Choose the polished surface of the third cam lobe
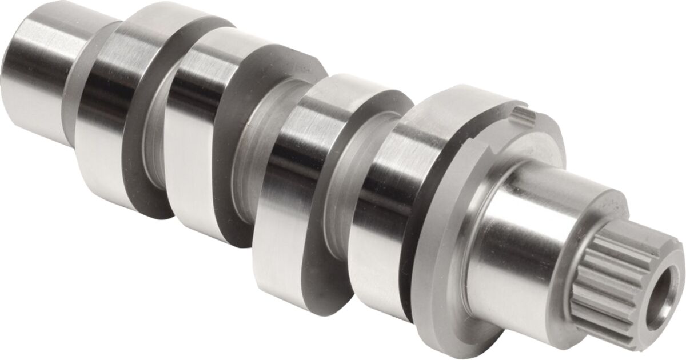[286, 189]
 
